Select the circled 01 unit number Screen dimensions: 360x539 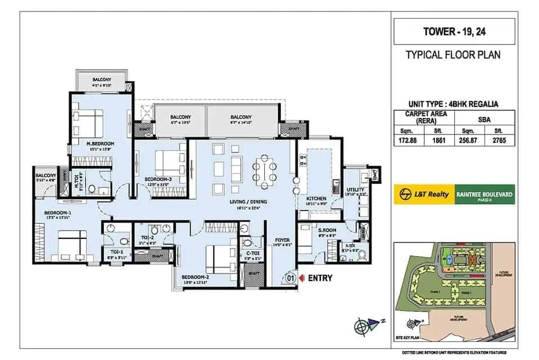pos(290,278)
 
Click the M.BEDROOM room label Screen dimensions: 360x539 pos(101,144)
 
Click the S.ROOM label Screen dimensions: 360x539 pos(327,231)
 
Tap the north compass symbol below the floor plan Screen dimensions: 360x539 pos(363,325)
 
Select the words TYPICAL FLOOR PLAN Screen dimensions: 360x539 pos(453,55)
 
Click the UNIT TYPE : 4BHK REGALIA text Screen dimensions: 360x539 pos(454,103)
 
